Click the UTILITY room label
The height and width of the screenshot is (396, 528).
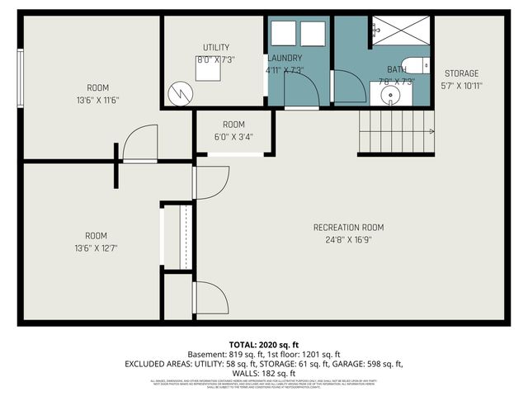[x=216, y=47]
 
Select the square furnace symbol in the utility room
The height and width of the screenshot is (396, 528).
[x=207, y=70]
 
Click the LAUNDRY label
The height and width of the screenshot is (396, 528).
[x=285, y=58]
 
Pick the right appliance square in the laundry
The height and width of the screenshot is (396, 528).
[x=313, y=35]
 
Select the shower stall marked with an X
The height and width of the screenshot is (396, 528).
[x=399, y=32]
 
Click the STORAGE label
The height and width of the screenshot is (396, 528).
[x=461, y=73]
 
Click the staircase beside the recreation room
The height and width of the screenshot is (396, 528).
[x=394, y=133]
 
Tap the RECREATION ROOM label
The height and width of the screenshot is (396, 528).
[x=348, y=228]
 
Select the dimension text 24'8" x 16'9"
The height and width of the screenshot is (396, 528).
[x=348, y=240]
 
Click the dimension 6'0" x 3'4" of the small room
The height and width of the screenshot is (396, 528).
[x=233, y=137]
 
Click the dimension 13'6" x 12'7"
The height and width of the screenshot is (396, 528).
[x=96, y=248]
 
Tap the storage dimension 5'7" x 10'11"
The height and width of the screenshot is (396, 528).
[x=461, y=85]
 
